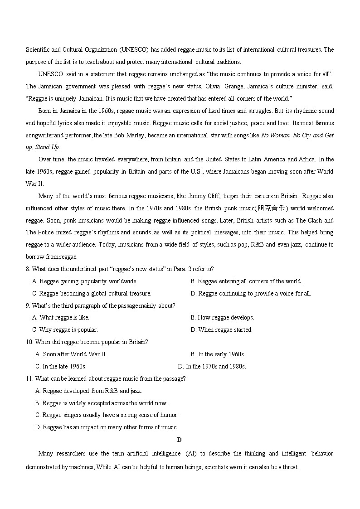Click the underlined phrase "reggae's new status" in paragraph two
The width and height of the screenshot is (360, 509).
pyautogui.click(x=174, y=86)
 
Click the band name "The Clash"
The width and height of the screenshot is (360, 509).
pyautogui.click(x=310, y=220)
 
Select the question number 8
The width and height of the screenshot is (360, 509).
pyautogui.click(x=28, y=269)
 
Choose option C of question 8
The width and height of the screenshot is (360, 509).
pyautogui.click(x=92, y=294)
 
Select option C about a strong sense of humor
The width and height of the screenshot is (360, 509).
pyautogui.click(x=107, y=415)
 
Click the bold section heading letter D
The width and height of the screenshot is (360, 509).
pyautogui.click(x=180, y=440)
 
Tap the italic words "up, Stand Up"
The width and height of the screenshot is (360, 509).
pyautogui.click(x=43, y=147)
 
